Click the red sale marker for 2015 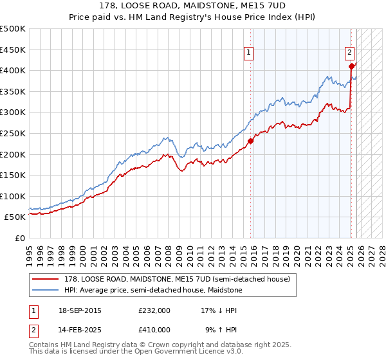pos(250,141)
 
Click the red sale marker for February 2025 pos(351,66)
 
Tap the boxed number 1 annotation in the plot pos(248,53)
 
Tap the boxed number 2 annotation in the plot pos(349,53)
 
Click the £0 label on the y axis pos(19,238)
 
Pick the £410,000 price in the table pos(154,329)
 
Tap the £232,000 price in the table pos(154,310)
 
